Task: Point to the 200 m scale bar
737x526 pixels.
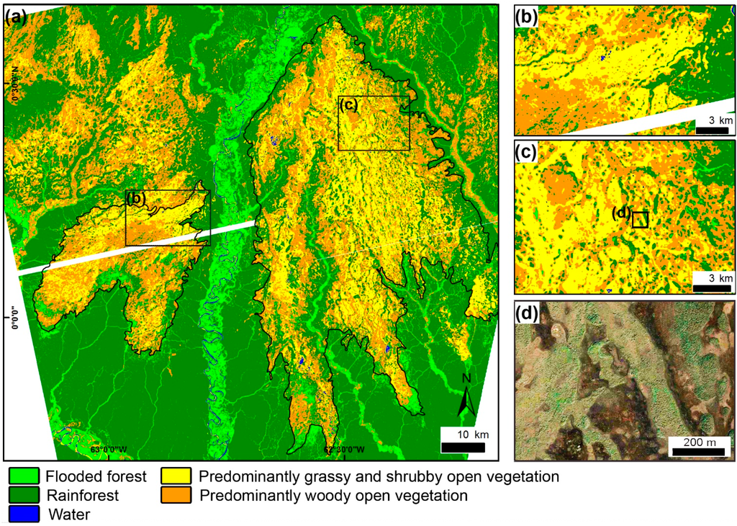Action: point(698,452)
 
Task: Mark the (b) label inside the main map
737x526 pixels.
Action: point(137,198)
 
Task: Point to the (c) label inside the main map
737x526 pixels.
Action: point(348,105)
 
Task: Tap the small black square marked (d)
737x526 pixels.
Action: point(640,220)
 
